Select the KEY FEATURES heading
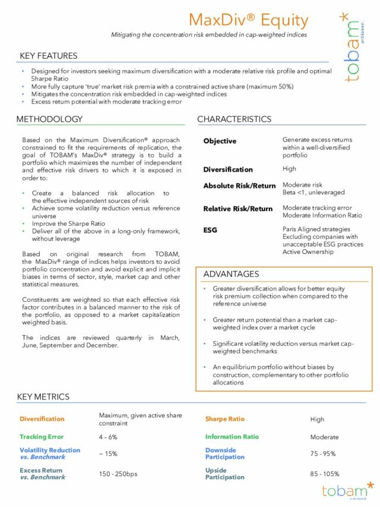[49, 56]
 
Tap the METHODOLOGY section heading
[49, 119]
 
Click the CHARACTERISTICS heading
[234, 119]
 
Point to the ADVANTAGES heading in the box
[231, 274]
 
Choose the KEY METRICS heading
[43, 396]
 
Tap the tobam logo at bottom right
[348, 490]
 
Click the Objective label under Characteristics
[220, 141]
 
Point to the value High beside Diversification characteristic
[289, 169]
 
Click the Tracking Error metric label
[41, 437]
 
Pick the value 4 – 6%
[108, 437]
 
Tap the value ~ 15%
[108, 454]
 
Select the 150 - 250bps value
[118, 474]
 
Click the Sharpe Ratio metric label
[224, 419]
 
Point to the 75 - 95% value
[323, 454]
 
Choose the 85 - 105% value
[324, 474]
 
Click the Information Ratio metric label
[232, 437]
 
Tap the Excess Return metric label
[41, 470]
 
